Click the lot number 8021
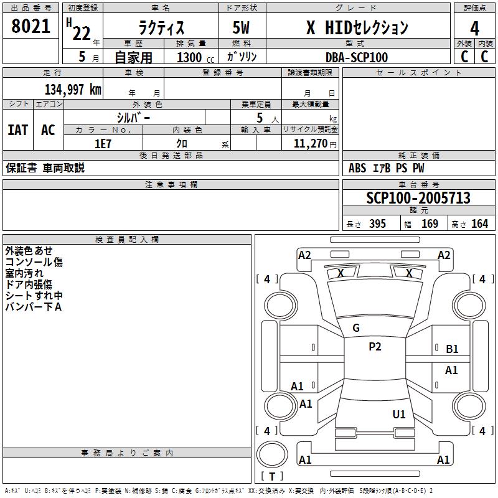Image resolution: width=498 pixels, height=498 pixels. click(31, 26)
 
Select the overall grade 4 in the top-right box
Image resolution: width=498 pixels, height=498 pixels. click(474, 29)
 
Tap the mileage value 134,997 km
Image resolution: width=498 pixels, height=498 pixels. click(73, 90)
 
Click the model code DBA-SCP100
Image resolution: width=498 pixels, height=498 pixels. click(357, 57)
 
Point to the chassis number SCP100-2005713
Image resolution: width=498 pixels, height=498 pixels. click(418, 198)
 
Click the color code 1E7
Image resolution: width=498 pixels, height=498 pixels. click(103, 144)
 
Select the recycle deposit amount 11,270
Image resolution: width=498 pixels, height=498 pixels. click(311, 144)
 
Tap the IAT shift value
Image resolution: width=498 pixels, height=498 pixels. click(18, 130)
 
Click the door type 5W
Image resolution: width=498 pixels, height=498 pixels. click(241, 27)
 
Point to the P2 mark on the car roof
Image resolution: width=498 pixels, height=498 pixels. click(375, 347)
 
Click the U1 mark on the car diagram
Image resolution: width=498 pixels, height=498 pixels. click(399, 414)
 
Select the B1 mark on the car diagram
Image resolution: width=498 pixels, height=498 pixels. click(452, 349)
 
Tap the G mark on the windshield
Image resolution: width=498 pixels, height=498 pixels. click(356, 328)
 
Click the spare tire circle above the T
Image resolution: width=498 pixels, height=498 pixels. click(272, 454)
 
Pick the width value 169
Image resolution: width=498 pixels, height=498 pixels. click(430, 224)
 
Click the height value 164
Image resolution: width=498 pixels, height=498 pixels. click(479, 224)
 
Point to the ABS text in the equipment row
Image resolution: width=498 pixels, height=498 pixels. click(357, 168)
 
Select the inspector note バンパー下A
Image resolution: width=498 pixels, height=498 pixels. click(34, 307)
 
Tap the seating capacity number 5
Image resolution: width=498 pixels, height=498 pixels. click(260, 118)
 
